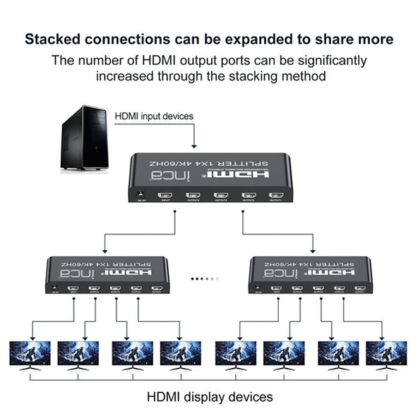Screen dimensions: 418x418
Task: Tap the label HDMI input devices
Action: (154, 115)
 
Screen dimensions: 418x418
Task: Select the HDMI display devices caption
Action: (209, 397)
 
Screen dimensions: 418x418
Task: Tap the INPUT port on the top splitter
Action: (166, 196)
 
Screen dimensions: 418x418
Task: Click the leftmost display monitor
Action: (30, 354)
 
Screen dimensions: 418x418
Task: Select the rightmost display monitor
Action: (386, 354)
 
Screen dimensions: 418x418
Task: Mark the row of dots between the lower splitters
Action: (205, 279)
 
